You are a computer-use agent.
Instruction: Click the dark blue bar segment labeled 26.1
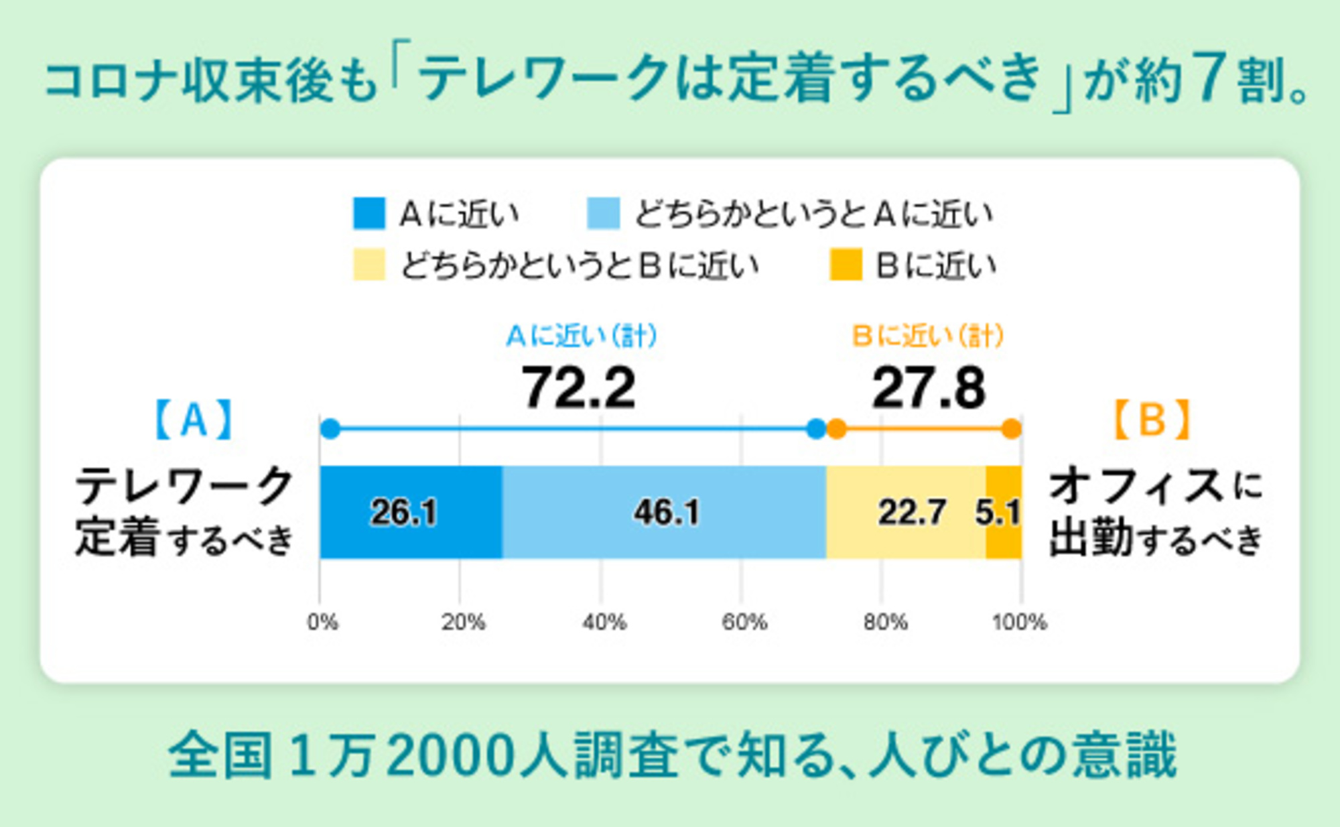[410, 512]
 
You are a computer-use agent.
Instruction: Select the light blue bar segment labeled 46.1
[663, 512]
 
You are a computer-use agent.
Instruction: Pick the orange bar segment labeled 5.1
[1003, 512]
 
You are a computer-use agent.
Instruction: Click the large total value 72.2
[578, 388]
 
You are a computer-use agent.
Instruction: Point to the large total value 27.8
[929, 388]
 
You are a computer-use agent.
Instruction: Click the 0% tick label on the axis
[322, 623]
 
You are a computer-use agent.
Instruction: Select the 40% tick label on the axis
[604, 623]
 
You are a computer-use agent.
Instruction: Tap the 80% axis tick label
[885, 623]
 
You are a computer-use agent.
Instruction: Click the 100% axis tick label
[1019, 623]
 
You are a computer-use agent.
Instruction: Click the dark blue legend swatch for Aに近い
[368, 213]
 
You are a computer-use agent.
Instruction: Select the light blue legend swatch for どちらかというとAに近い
[603, 213]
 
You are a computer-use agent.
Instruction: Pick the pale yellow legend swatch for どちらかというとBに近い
[368, 264]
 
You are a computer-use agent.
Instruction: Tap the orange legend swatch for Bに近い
[845, 264]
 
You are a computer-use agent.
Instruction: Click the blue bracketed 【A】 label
[194, 420]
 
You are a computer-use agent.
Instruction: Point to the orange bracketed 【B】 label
[1152, 420]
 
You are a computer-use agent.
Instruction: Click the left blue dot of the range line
[330, 429]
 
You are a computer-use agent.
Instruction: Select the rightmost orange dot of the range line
[1011, 429]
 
